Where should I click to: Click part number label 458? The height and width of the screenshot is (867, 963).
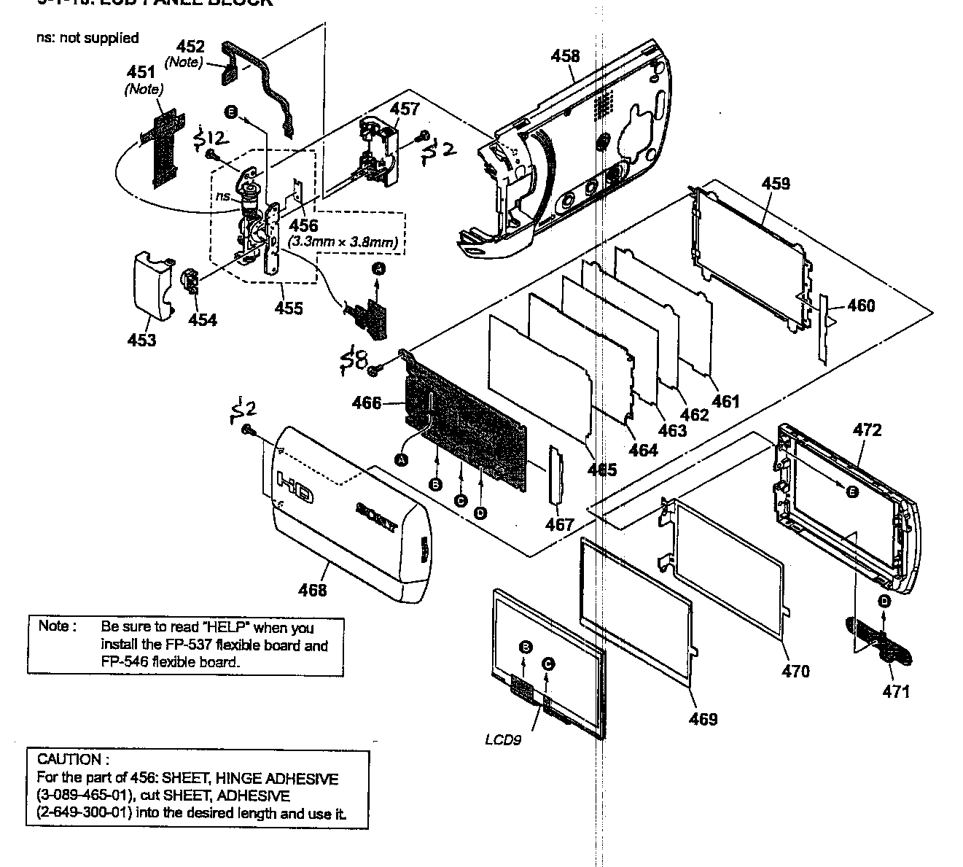[x=565, y=56]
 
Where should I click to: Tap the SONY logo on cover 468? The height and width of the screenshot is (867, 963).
[x=378, y=518]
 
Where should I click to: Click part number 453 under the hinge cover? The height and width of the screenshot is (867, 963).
[x=141, y=340]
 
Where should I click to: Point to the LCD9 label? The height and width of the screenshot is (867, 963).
[x=503, y=739]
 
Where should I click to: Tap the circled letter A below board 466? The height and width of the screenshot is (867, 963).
[x=400, y=459]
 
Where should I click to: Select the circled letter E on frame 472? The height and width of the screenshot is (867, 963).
[x=851, y=491]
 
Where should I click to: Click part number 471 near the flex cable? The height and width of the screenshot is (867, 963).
[x=896, y=691]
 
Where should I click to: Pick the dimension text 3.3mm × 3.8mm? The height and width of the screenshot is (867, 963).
[x=346, y=241]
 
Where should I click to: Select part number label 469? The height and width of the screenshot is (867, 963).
[x=703, y=719]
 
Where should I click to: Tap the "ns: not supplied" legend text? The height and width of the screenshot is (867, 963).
[x=87, y=38]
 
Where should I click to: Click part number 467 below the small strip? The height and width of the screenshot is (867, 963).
[x=559, y=524]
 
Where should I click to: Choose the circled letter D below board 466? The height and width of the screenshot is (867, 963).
[x=480, y=513]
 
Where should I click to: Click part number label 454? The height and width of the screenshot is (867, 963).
[x=202, y=319]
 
